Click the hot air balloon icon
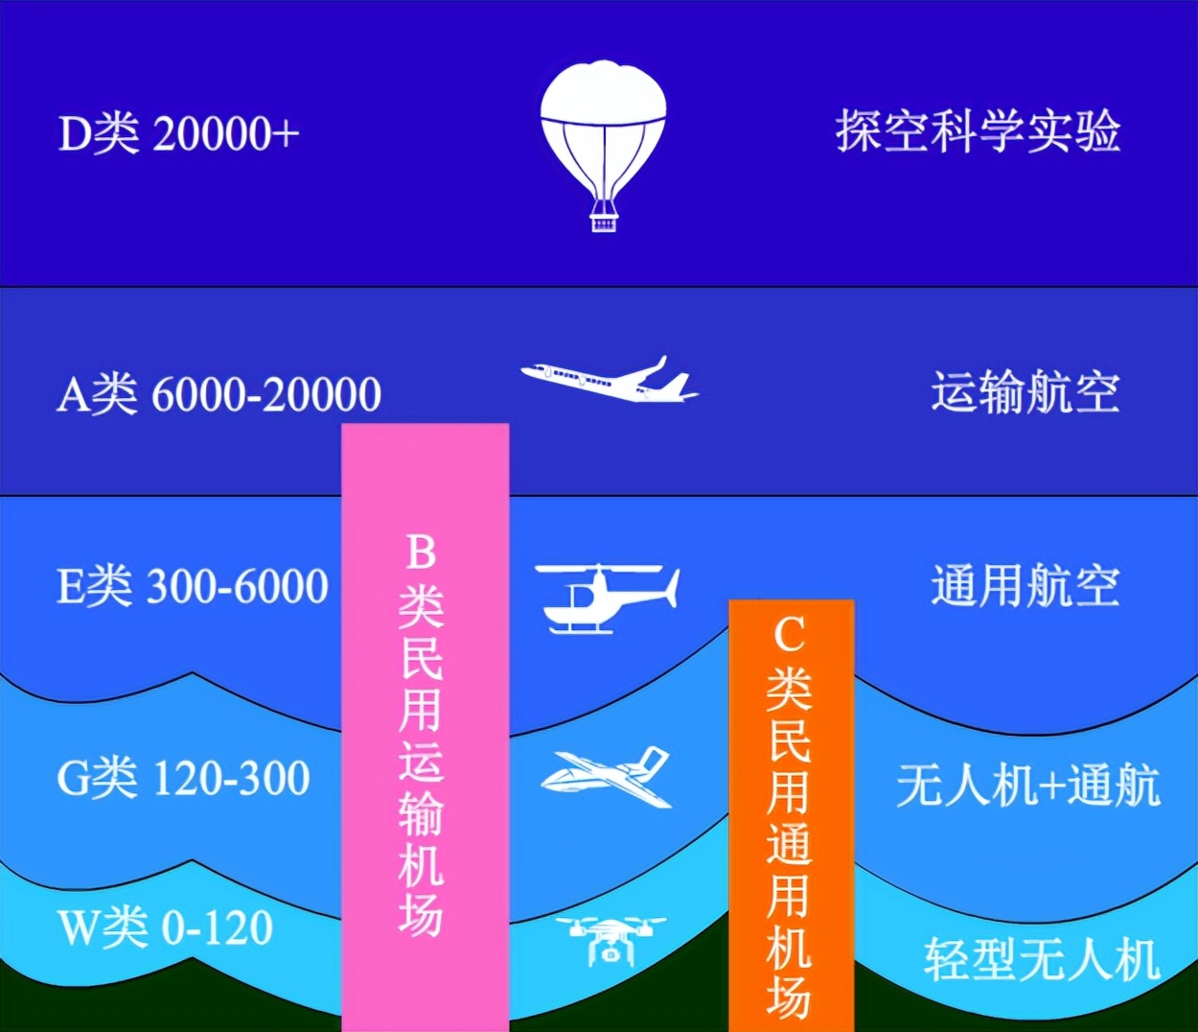(x=603, y=146)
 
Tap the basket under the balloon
(x=603, y=223)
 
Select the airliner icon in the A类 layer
(x=610, y=379)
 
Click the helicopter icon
(x=607, y=598)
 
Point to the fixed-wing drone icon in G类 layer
(x=606, y=777)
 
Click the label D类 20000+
(x=178, y=134)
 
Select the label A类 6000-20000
(x=219, y=394)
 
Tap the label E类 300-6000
(x=193, y=586)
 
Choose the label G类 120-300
(x=183, y=778)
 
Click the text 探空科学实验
(x=978, y=131)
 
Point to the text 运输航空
(x=1025, y=392)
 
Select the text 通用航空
(x=1025, y=585)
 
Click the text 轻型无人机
(x=1041, y=959)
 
